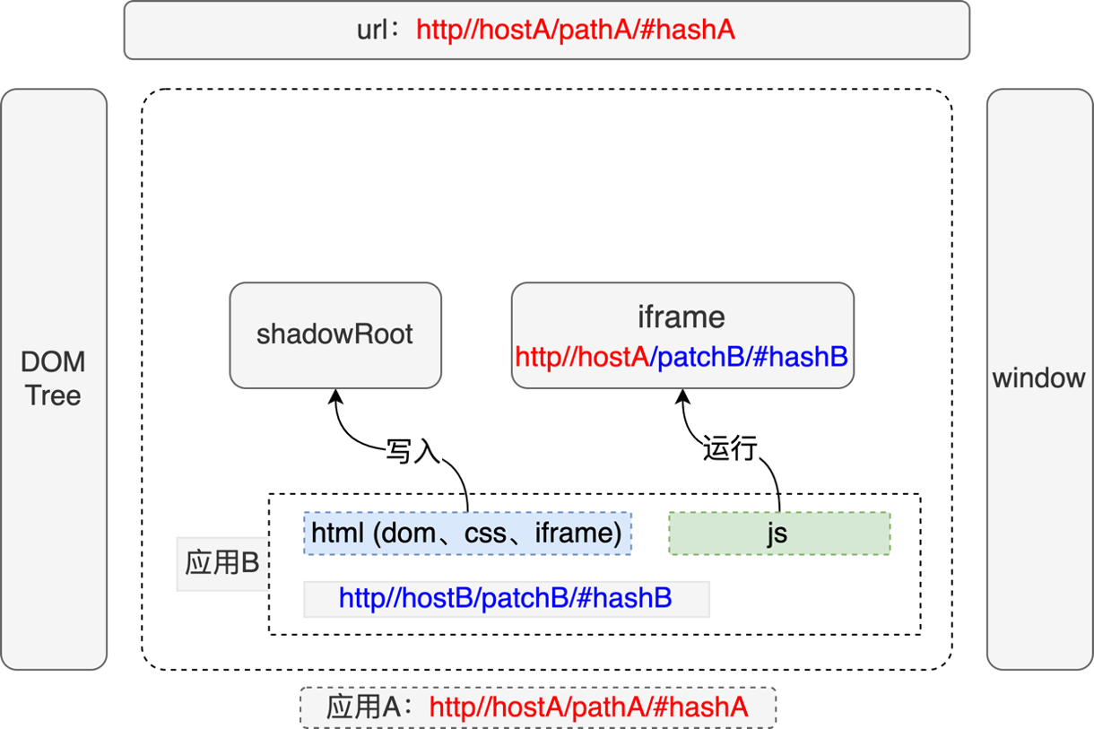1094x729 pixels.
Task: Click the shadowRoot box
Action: [334, 334]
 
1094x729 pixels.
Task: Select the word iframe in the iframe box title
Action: [682, 317]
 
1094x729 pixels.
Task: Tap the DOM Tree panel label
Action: [53, 378]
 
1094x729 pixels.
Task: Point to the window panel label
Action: [1038, 378]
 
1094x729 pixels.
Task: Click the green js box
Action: [778, 534]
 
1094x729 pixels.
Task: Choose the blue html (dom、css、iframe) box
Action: [467, 534]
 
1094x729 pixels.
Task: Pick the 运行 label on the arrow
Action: [730, 447]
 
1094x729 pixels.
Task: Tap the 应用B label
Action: [221, 563]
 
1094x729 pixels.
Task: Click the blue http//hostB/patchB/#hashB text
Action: [506, 598]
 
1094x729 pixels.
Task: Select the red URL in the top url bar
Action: [576, 30]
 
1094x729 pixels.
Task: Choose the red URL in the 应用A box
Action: [588, 707]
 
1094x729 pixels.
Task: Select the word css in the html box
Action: [485, 534]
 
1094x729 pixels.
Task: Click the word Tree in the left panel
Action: [53, 395]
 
